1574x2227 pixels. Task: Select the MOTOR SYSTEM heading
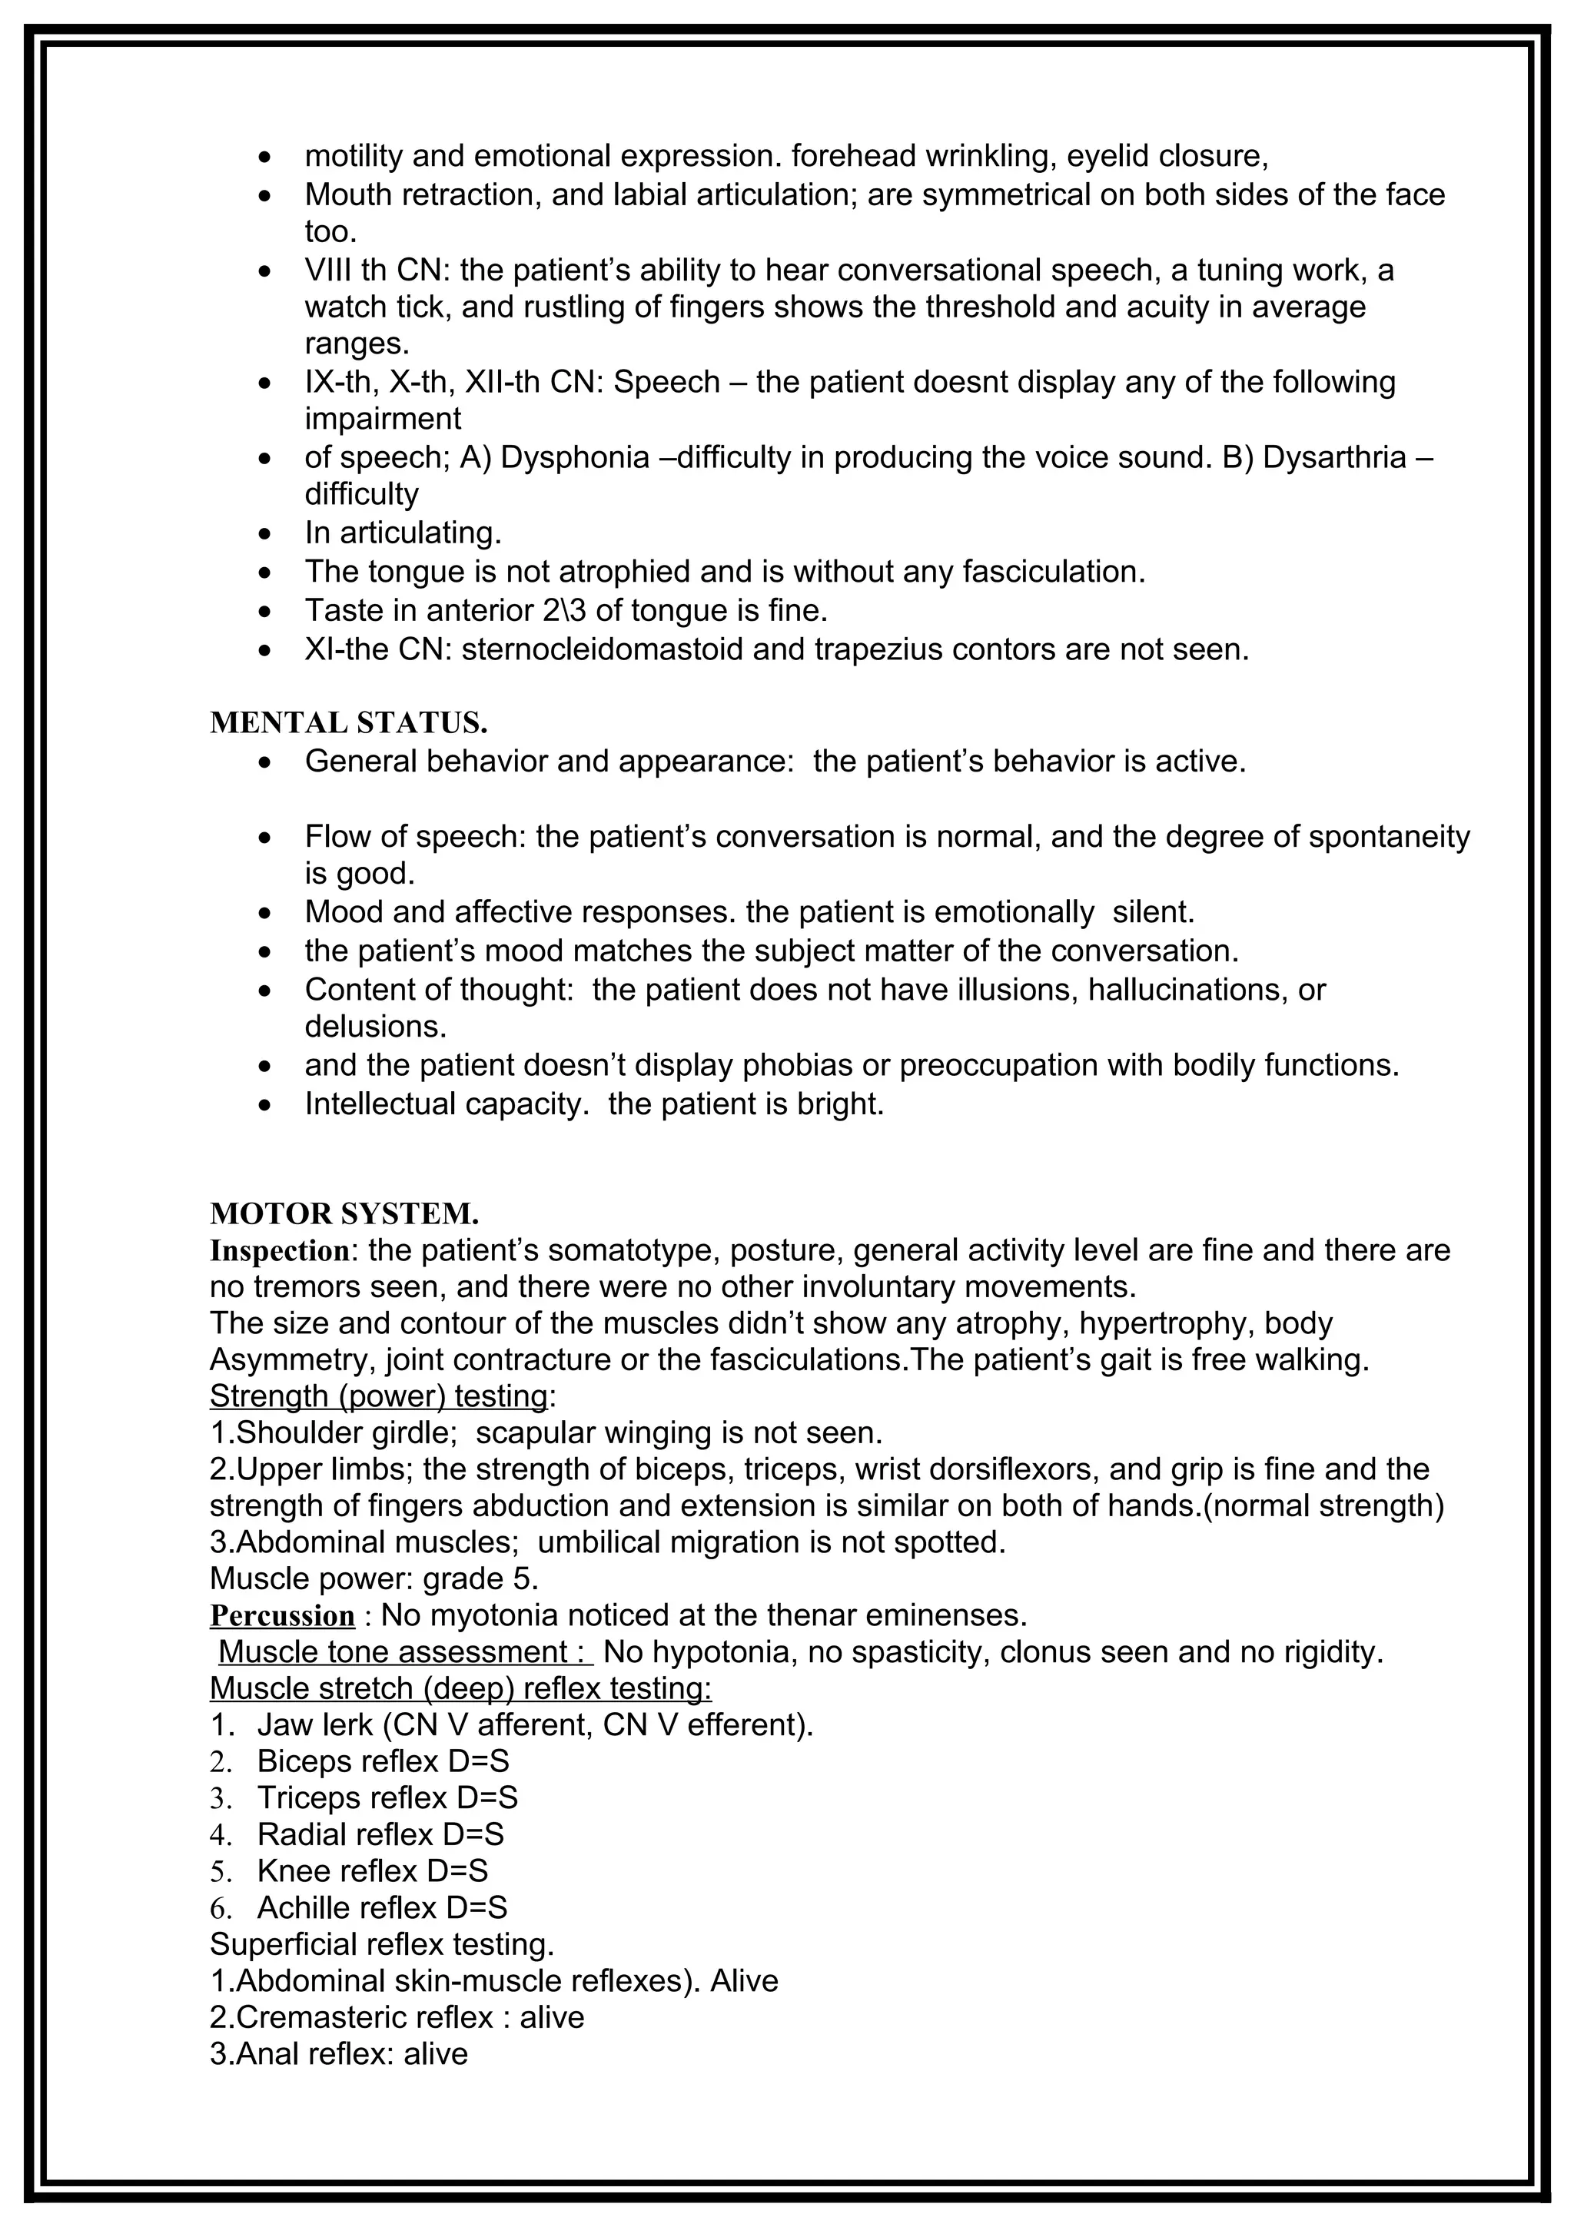click(x=344, y=1213)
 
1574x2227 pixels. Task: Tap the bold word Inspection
click(x=279, y=1251)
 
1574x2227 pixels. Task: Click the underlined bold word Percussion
click(x=282, y=1616)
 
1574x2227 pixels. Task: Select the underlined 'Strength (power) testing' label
click(x=378, y=1396)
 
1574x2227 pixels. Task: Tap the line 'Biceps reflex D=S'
click(x=382, y=1761)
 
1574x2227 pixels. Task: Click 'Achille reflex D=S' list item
click(x=381, y=1908)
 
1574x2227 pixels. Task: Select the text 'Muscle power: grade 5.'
click(x=374, y=1579)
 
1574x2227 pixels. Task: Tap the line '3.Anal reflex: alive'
click(x=338, y=2054)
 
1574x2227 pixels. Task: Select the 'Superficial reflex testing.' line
click(x=381, y=1945)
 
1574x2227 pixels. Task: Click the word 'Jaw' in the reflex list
click(x=279, y=1724)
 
